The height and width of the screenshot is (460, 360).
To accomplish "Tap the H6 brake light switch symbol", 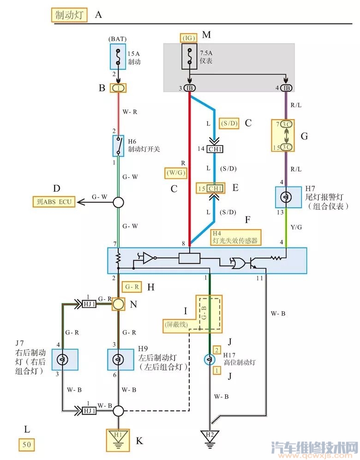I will (119, 145).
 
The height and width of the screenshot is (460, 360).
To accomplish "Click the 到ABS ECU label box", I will (54, 201).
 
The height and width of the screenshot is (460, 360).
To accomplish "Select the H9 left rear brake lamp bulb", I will (119, 360).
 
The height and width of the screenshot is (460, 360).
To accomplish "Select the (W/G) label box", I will (175, 173).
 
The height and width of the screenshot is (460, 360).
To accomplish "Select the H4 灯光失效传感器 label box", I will (234, 237).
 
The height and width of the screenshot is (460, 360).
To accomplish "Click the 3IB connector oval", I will (190, 88).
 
